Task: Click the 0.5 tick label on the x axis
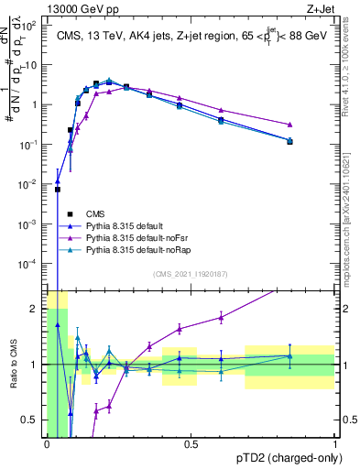[191, 444]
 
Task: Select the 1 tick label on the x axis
[335, 444]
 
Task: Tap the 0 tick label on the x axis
[47, 444]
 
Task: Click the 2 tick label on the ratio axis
[35, 308]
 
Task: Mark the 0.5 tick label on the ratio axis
[31, 420]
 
